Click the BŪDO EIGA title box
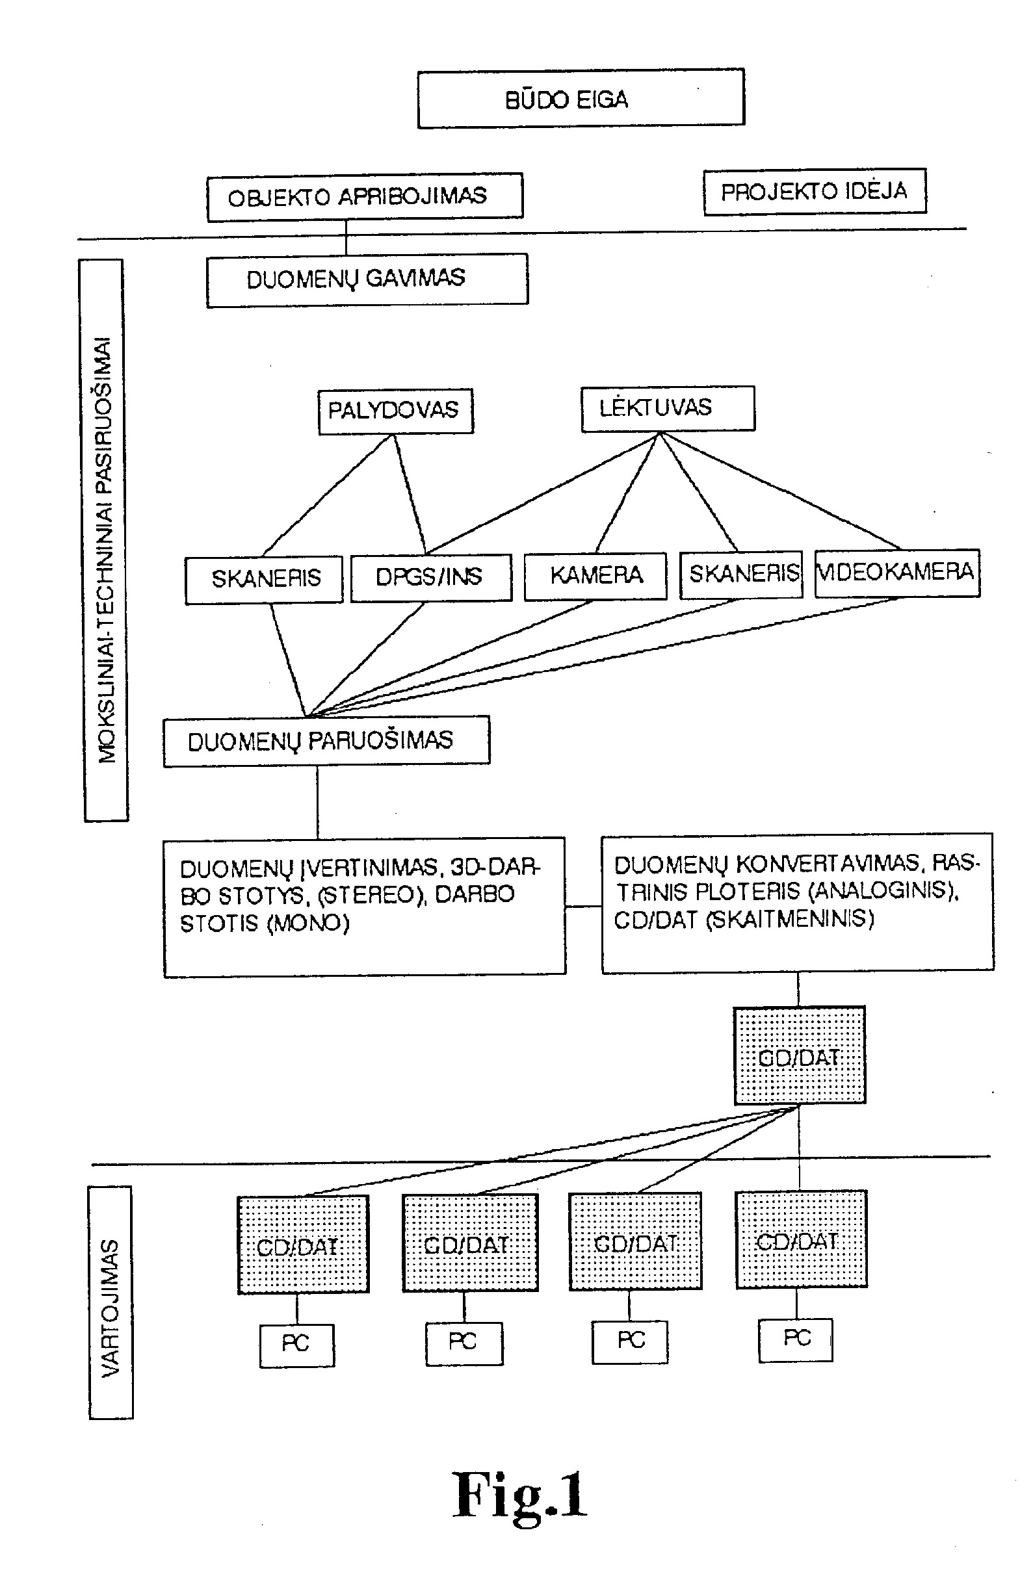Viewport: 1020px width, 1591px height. click(581, 98)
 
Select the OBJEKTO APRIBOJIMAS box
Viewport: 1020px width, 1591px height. click(365, 197)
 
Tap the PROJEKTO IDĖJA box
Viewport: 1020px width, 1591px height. click(815, 191)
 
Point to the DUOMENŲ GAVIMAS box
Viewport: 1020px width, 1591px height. click(367, 280)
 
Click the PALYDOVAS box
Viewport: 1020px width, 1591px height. click(395, 411)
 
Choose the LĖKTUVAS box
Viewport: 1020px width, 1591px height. click(668, 409)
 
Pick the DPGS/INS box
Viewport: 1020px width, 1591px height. click(431, 577)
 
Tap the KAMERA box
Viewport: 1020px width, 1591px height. click(595, 576)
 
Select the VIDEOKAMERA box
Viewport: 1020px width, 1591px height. click(896, 573)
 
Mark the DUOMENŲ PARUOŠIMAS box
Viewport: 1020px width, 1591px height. click(326, 741)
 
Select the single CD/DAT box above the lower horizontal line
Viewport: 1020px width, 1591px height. click(800, 1055)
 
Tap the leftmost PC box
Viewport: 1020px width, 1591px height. click(296, 1346)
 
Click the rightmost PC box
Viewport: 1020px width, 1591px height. click(796, 1339)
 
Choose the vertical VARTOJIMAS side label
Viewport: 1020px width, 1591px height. click(111, 1302)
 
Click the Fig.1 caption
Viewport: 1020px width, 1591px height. click(520, 1494)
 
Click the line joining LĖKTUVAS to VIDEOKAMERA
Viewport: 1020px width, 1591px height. click(779, 491)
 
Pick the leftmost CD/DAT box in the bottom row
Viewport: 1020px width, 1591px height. click(303, 1244)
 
